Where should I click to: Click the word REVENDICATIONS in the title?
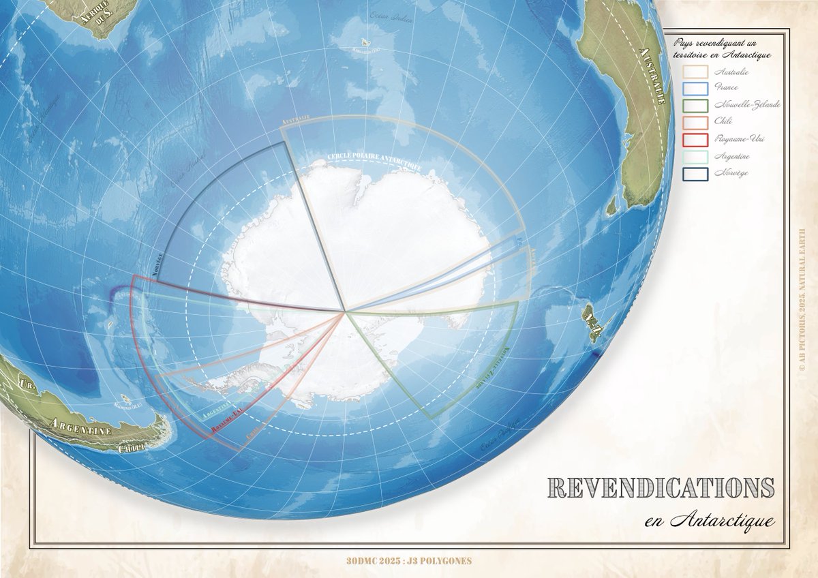661,488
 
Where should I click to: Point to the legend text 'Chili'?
723,121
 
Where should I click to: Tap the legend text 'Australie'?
731,71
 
